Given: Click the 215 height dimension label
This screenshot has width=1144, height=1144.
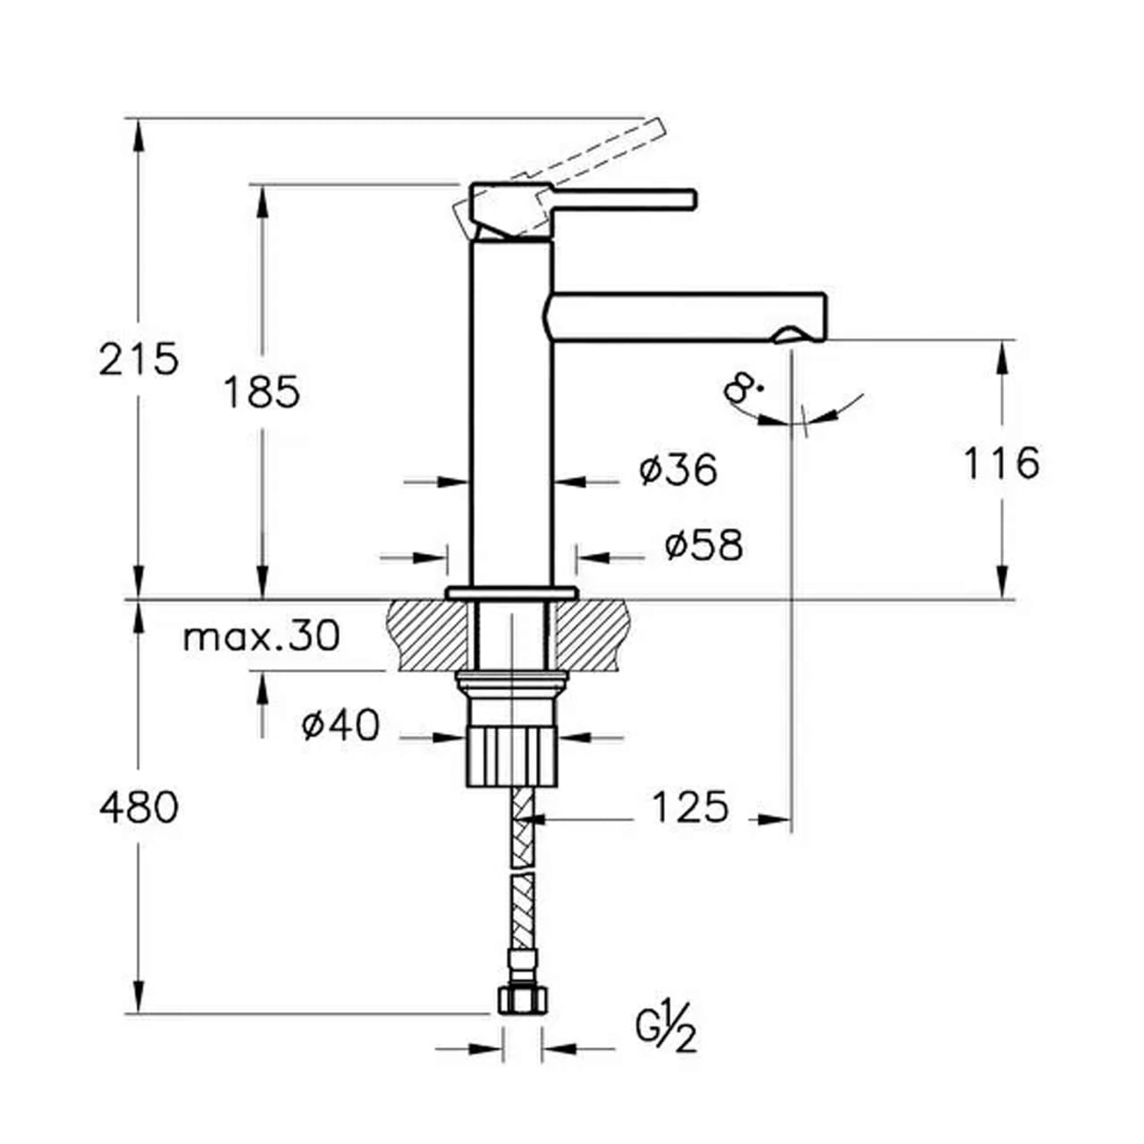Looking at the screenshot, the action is click(139, 359).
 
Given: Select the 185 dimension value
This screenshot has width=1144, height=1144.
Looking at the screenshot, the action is click(262, 391).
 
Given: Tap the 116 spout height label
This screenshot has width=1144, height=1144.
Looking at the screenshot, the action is click(1001, 462).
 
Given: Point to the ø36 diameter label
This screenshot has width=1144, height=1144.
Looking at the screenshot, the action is click(678, 469).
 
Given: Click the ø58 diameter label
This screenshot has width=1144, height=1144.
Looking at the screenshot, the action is click(703, 545).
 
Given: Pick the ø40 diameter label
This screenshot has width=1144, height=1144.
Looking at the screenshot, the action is click(341, 724).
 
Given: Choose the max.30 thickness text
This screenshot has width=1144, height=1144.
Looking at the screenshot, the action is click(262, 635).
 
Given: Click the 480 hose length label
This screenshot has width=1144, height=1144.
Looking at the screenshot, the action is click(139, 807).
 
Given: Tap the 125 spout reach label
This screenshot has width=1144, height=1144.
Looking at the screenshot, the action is click(689, 806).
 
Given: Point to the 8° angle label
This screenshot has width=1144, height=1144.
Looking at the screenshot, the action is click(743, 389).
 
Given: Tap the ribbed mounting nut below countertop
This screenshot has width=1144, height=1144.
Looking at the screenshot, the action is click(511, 758).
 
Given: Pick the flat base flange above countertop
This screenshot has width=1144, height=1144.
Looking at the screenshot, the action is click(512, 592).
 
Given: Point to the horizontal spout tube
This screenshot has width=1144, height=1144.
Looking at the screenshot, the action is click(685, 317).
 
